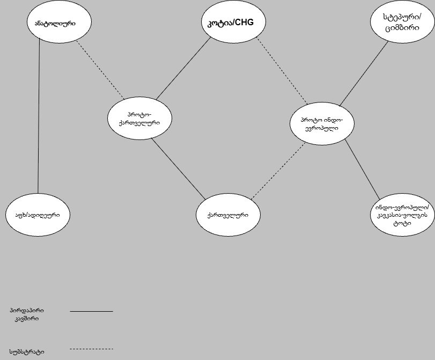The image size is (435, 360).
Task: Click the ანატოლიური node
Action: tap(51, 23)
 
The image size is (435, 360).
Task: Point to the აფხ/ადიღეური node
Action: tap(38, 215)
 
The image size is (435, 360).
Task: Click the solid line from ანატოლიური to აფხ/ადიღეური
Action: tap(39, 118)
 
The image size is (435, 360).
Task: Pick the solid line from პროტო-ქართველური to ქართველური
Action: tap(178, 168)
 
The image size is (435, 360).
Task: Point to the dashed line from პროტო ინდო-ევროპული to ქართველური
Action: tap(278, 171)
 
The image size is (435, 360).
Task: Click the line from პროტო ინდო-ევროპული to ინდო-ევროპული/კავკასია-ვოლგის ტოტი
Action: tap(362, 168)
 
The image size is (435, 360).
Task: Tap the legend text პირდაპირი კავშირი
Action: tap(27, 314)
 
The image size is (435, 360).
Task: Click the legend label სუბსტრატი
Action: tap(27, 352)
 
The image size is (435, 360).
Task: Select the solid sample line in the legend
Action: tap(91, 311)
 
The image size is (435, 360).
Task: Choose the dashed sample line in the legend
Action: tap(91, 349)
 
